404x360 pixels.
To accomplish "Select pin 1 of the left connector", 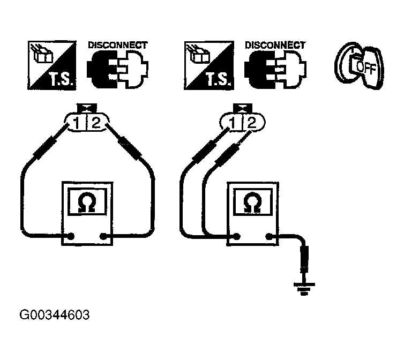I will (x=78, y=124).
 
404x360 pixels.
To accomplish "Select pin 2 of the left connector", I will (x=96, y=124).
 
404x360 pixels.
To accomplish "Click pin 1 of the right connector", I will (x=233, y=124).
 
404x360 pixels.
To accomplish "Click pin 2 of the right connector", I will (x=251, y=124).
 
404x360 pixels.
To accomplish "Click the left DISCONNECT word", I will (x=117, y=45).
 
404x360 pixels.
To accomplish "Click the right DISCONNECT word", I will (x=274, y=45).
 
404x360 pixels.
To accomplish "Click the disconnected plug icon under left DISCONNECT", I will (x=117, y=70).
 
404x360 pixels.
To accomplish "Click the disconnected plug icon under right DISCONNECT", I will (x=274, y=70).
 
